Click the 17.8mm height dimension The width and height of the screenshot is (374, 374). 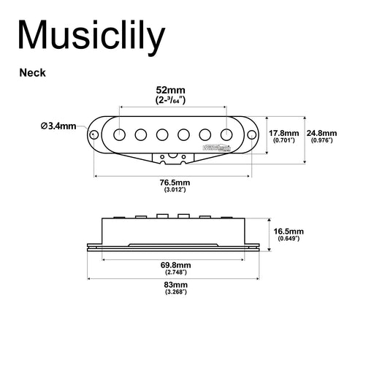tap(283, 133)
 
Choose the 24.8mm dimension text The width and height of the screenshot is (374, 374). tap(321, 133)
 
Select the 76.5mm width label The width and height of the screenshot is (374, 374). tap(175, 182)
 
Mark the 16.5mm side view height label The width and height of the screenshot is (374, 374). tap(289, 231)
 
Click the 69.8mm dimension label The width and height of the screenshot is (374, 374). tap(175, 264)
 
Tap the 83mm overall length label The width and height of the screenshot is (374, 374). tap(175, 283)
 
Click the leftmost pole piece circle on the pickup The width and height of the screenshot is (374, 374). tap(118, 134)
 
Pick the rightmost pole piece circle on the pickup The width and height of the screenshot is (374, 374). tap(226, 134)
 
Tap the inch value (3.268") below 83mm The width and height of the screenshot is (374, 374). tap(175, 291)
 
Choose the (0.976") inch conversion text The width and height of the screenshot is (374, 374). tap(321, 140)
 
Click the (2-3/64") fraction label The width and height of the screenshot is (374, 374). tap(175, 100)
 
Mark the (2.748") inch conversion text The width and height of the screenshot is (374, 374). tap(175, 272)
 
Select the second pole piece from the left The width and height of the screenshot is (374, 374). tap(140, 134)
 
